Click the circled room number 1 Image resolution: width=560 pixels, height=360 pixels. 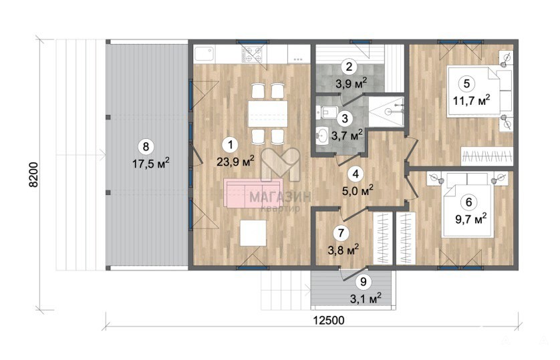(x=231, y=145)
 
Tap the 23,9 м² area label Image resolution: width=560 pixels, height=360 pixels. (x=235, y=161)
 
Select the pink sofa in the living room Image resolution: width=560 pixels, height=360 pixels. (x=253, y=192)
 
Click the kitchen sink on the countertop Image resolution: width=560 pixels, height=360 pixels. (x=204, y=54)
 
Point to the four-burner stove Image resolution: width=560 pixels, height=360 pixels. (x=252, y=54)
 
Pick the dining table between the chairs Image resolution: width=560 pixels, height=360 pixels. (x=268, y=114)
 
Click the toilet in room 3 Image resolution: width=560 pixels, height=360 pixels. (x=326, y=112)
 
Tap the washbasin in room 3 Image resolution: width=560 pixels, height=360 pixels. (x=322, y=136)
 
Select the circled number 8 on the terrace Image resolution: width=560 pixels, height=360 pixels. (x=146, y=147)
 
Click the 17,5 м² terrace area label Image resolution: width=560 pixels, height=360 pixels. (x=151, y=164)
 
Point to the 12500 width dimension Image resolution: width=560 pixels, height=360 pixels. (x=329, y=320)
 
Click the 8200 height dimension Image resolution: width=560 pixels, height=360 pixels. (x=33, y=175)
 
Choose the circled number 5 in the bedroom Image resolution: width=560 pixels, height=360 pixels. (x=466, y=84)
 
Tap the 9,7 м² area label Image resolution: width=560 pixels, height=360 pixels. (x=471, y=218)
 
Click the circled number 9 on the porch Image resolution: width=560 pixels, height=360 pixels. (x=364, y=282)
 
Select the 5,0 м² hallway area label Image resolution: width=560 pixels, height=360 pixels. (x=358, y=190)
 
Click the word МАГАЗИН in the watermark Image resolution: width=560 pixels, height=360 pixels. (x=280, y=197)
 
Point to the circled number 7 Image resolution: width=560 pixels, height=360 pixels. (x=341, y=233)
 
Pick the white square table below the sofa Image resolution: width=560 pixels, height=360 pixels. (x=253, y=233)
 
